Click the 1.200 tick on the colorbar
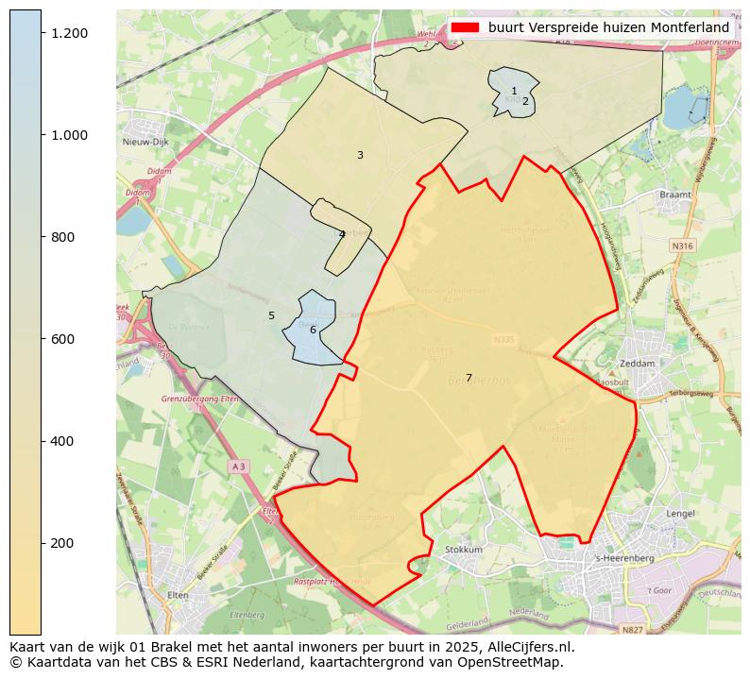coord(42,33)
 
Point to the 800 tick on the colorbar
coord(42,237)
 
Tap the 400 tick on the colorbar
coord(42,441)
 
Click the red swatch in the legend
coord(466,27)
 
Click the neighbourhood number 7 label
coord(469,379)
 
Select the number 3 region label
coord(360,155)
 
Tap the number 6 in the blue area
coord(313,330)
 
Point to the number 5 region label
coord(271,315)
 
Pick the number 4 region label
coord(342,234)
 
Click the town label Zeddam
coord(637,364)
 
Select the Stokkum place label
coord(463,550)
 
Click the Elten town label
coord(178,596)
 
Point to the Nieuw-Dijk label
coord(145,142)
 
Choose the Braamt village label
coord(675,195)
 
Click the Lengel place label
coord(679,514)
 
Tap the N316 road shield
coord(681,246)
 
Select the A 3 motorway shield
coord(238,467)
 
